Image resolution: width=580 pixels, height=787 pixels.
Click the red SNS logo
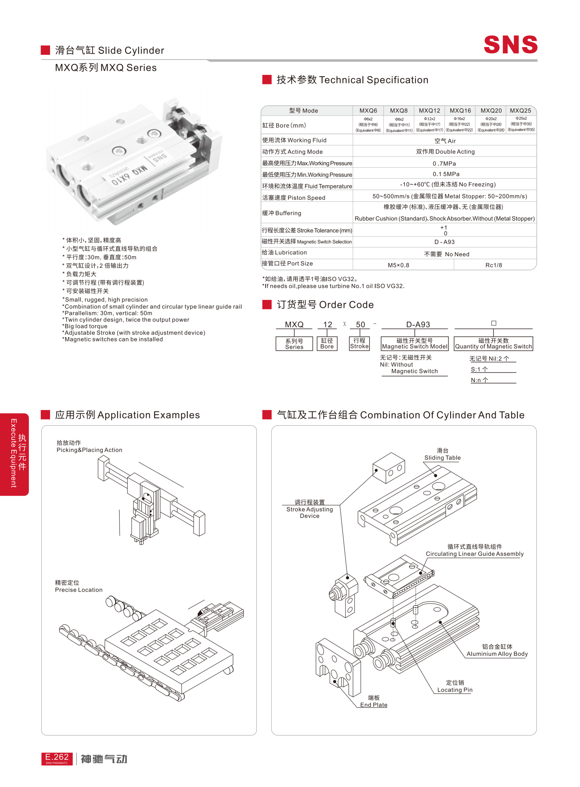[510, 45]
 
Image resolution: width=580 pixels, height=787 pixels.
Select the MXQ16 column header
[460, 111]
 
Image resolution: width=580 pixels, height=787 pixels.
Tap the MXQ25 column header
[520, 111]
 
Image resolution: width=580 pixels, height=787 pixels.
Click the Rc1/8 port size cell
[493, 265]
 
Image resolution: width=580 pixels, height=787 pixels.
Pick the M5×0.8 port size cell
[398, 265]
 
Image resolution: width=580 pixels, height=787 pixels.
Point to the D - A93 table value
[444, 242]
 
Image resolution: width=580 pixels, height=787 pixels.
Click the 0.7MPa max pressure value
[444, 164]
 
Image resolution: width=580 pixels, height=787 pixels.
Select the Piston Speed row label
[293, 198]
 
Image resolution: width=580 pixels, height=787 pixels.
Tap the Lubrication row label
[284, 252]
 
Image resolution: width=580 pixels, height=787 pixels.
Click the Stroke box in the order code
[359, 343]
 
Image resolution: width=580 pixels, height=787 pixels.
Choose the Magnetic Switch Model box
[414, 344]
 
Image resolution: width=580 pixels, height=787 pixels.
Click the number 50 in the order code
[360, 324]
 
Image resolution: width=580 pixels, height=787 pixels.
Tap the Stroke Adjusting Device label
[310, 509]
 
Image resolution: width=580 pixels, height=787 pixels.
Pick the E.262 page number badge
[57, 759]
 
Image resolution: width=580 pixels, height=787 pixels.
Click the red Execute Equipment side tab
[15, 454]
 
